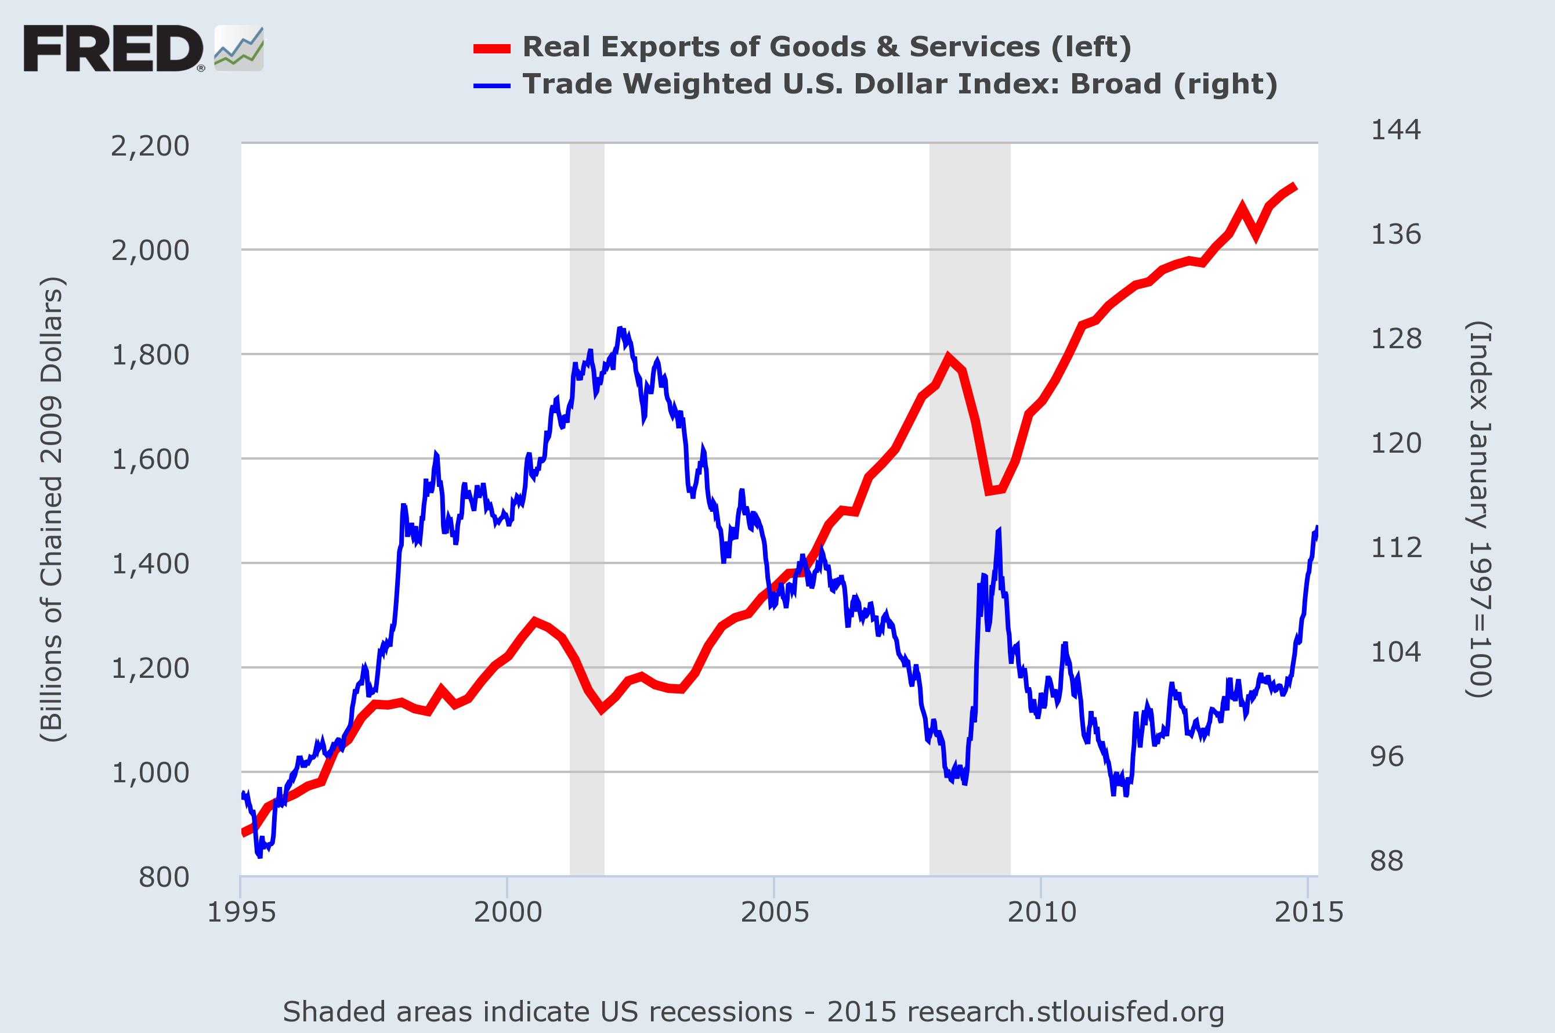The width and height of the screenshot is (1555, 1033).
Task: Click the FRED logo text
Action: (x=113, y=49)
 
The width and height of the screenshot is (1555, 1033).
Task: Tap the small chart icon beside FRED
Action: (x=238, y=49)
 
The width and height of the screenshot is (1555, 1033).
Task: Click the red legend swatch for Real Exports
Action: (x=491, y=48)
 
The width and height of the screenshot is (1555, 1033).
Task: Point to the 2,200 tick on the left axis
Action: (x=150, y=146)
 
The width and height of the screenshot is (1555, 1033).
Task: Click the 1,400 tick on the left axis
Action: (x=150, y=564)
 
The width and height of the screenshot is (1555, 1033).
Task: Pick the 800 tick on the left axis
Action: (x=164, y=877)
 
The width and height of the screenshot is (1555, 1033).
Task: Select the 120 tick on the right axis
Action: (x=1395, y=443)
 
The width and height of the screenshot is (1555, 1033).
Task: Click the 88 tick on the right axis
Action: (x=1387, y=861)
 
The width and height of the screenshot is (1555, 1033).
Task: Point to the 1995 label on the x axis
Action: (x=241, y=912)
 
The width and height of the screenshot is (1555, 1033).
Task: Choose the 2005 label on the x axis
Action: (x=775, y=912)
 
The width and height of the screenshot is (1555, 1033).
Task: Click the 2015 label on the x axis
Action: (x=1308, y=912)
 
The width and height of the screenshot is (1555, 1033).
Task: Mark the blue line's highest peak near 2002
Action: (x=620, y=328)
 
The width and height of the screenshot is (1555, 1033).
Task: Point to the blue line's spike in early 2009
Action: (x=999, y=530)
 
